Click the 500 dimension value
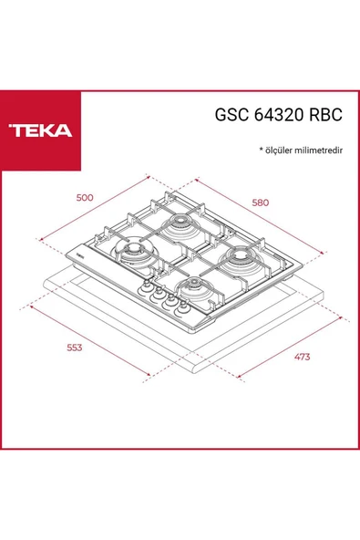[x=86, y=197]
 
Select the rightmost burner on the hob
[x=241, y=260]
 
